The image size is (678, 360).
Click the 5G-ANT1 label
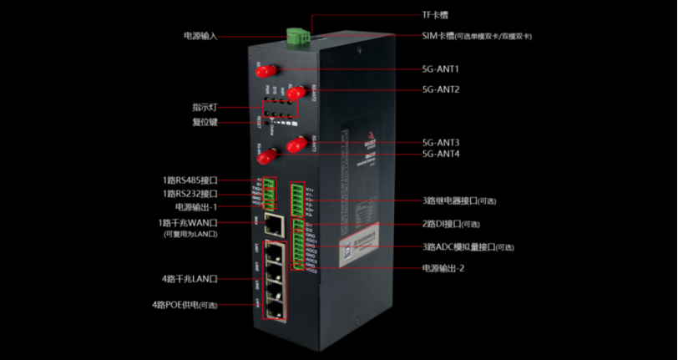point(441,69)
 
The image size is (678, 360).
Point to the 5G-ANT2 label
point(441,89)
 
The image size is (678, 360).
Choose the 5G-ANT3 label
point(441,142)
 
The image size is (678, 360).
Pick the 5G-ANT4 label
point(441,154)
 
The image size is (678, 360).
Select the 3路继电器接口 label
point(458,201)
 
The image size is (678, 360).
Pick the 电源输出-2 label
point(443,268)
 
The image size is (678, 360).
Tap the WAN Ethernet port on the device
point(272,223)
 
